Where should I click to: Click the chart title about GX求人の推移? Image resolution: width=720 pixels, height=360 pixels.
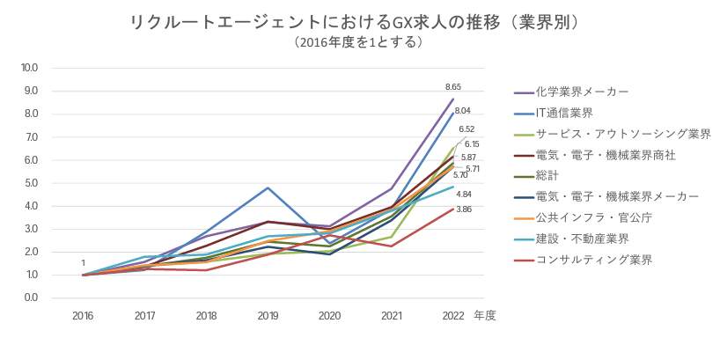[360, 21]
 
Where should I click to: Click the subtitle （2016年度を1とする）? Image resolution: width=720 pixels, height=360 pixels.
[360, 41]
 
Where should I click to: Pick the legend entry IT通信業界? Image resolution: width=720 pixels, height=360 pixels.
[564, 113]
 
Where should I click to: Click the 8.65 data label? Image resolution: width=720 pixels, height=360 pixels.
[453, 87]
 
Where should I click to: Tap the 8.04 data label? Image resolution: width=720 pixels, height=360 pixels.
[463, 111]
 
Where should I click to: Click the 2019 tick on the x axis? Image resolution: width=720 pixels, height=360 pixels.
[268, 315]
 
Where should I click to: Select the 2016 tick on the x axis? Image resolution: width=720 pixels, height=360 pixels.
[84, 315]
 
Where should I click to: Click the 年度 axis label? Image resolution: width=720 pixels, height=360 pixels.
[484, 315]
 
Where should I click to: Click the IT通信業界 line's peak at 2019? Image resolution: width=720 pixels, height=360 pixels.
[268, 187]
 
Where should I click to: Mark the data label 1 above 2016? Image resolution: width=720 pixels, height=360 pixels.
[84, 263]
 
